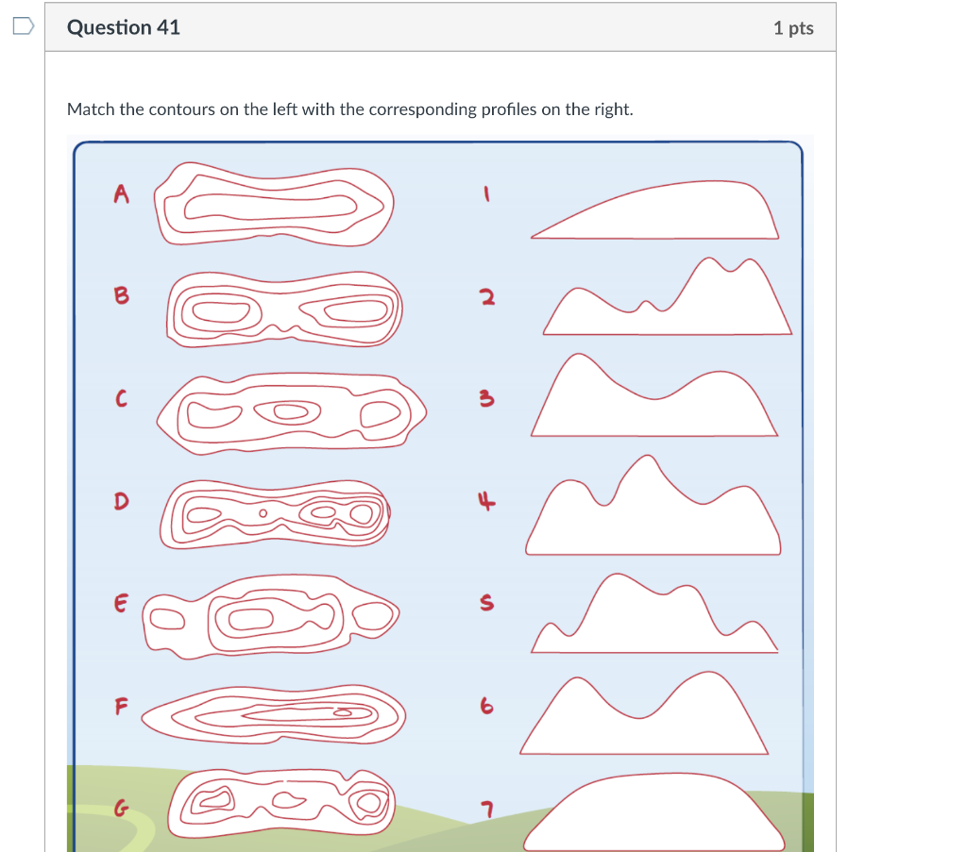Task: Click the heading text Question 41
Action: pyautogui.click(x=123, y=27)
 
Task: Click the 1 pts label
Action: pyautogui.click(x=792, y=28)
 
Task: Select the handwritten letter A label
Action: pyautogui.click(x=120, y=193)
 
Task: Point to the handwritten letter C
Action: pyautogui.click(x=119, y=400)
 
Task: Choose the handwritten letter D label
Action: pyautogui.click(x=120, y=500)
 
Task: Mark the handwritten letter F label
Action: pyautogui.click(x=120, y=705)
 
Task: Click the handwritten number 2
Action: pyautogui.click(x=485, y=298)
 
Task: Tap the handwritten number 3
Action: pyautogui.click(x=485, y=401)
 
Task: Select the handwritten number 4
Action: pyautogui.click(x=485, y=502)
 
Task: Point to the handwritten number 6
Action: pyautogui.click(x=485, y=705)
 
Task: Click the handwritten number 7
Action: pyautogui.click(x=486, y=808)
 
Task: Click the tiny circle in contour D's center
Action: pyautogui.click(x=264, y=514)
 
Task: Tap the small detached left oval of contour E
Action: pyautogui.click(x=167, y=617)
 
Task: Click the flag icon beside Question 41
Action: pyautogui.click(x=23, y=26)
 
